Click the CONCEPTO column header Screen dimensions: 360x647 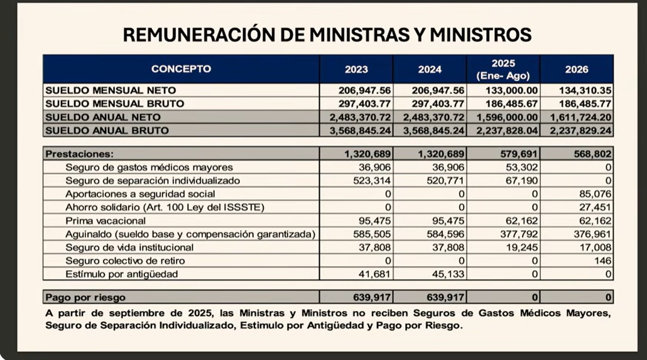click(181, 69)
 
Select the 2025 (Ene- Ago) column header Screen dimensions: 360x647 click(503, 69)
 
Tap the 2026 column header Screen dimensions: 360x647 click(576, 69)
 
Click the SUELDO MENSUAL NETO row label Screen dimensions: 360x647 click(110, 90)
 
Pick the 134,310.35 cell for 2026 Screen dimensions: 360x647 click(585, 90)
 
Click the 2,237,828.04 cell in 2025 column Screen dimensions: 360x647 click(506, 131)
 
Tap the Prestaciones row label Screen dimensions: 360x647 click(79, 153)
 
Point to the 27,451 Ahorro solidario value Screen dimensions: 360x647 click(594, 207)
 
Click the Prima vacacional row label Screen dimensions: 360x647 click(106, 221)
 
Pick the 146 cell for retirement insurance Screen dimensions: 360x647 click(602, 261)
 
